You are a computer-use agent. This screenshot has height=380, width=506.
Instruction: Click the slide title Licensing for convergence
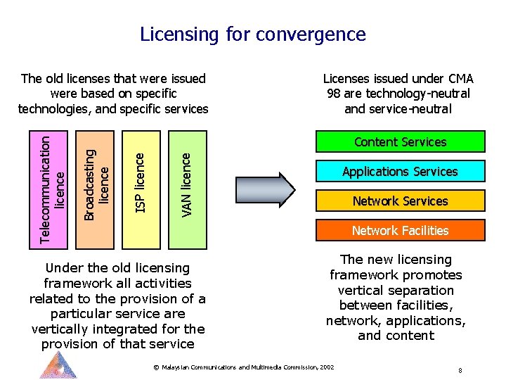tap(253, 34)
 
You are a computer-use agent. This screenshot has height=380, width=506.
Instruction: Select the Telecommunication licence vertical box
tap(53, 189)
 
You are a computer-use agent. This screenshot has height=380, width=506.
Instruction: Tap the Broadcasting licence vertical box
tap(96, 189)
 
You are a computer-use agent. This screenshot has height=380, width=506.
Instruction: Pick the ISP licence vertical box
tap(141, 189)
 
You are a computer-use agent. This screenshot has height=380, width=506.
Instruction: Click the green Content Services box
tap(401, 142)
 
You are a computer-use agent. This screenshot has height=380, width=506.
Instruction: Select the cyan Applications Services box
tap(401, 172)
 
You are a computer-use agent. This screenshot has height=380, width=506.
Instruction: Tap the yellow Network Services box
tap(401, 201)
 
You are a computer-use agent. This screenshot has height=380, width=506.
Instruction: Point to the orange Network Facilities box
tap(401, 231)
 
